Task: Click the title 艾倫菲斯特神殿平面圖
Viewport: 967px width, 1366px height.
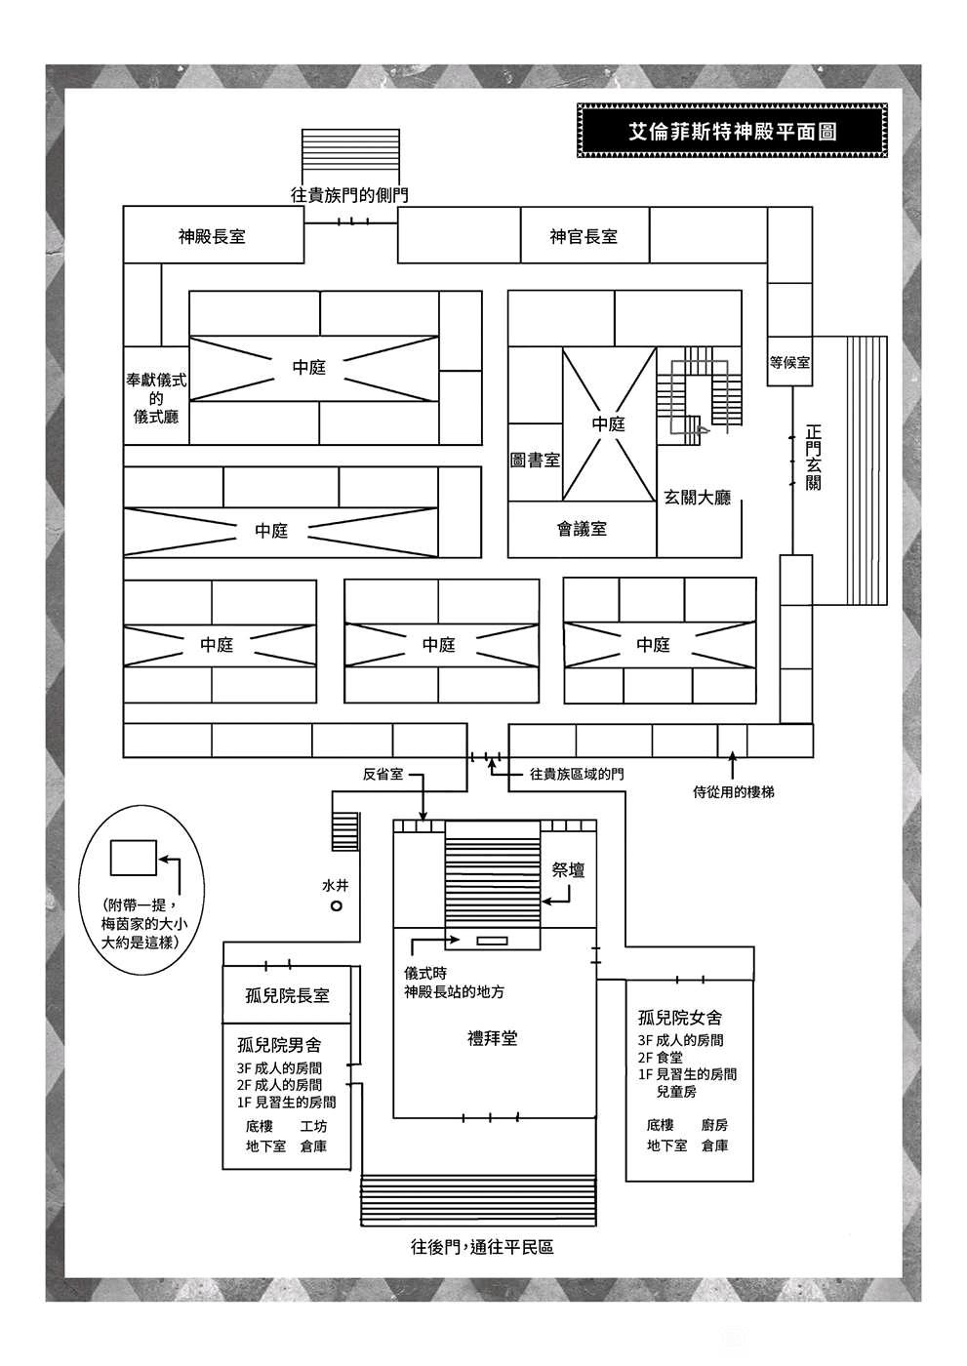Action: coord(732,132)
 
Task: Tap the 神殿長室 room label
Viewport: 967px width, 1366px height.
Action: coord(212,236)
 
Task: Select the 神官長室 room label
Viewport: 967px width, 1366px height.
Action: coord(584,236)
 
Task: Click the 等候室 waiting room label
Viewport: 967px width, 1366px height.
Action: coord(789,362)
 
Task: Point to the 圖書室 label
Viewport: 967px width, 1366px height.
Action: coord(535,460)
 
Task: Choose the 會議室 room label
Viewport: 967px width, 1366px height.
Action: coord(582,529)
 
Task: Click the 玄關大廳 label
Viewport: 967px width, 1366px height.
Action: coord(697,498)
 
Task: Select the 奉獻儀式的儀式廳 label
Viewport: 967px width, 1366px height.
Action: coord(156,399)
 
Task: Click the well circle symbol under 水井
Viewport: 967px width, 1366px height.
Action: coord(336,905)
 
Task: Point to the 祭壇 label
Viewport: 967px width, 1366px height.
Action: coord(568,869)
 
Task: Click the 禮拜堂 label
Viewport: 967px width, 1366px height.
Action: coord(492,1038)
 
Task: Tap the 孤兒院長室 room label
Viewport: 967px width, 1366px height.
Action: coord(287,996)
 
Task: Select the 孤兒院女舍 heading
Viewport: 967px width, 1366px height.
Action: coord(680,1017)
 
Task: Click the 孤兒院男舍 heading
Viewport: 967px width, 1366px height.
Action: coord(279,1045)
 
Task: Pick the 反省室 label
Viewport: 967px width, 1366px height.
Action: coord(383,775)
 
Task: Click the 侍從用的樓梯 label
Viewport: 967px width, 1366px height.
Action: coord(734,792)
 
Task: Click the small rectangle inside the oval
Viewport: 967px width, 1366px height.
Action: coord(134,858)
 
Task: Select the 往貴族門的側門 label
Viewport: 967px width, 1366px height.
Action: coord(349,195)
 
